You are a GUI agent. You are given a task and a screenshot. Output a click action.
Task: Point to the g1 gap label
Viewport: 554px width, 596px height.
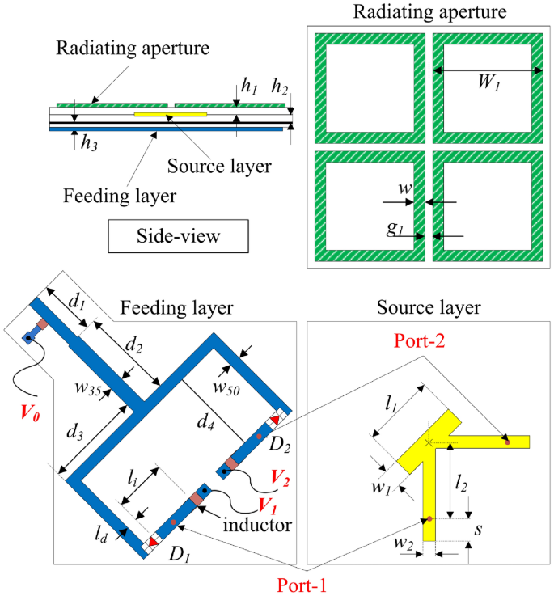394,230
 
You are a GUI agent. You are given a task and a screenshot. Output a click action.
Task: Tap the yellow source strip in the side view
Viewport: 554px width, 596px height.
170,115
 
